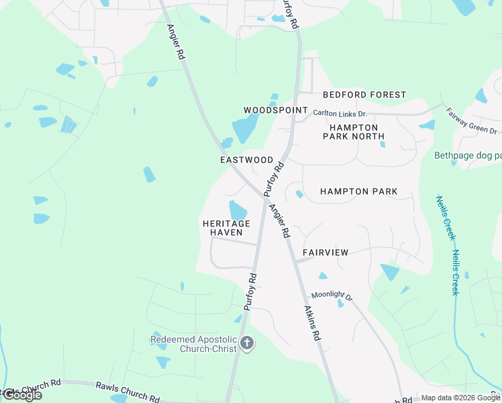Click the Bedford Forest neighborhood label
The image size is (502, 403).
pyautogui.click(x=364, y=95)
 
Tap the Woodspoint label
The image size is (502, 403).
pyautogui.click(x=275, y=109)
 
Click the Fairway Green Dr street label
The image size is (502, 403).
pyautogui.click(x=472, y=122)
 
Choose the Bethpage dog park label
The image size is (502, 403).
pyautogui.click(x=467, y=156)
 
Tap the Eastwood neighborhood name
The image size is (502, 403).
pyautogui.click(x=247, y=160)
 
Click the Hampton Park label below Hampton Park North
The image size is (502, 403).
pyautogui.click(x=358, y=191)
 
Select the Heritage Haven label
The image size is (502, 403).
pyautogui.click(x=226, y=228)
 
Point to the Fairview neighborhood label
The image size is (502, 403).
pyautogui.click(x=325, y=253)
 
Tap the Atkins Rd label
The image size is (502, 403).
pyautogui.click(x=311, y=323)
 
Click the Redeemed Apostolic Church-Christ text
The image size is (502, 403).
pyautogui.click(x=193, y=344)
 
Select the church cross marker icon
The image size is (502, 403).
pyautogui.click(x=246, y=344)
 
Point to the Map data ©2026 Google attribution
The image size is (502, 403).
pyautogui.click(x=460, y=398)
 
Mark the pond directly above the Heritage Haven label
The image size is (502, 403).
pyautogui.click(x=238, y=210)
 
